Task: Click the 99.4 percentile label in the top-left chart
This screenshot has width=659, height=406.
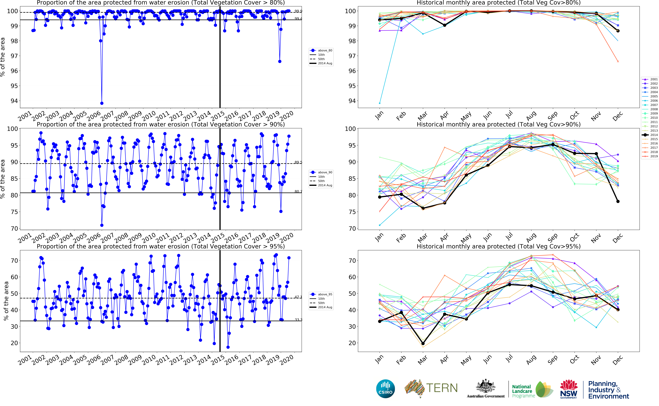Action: tap(298, 18)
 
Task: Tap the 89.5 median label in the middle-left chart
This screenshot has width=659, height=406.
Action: tap(298, 162)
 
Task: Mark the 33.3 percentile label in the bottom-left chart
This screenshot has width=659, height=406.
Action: tap(298, 320)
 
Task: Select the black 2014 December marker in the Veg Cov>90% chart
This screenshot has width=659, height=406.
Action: tap(618, 201)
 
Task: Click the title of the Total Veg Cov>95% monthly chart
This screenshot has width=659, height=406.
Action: tap(498, 246)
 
